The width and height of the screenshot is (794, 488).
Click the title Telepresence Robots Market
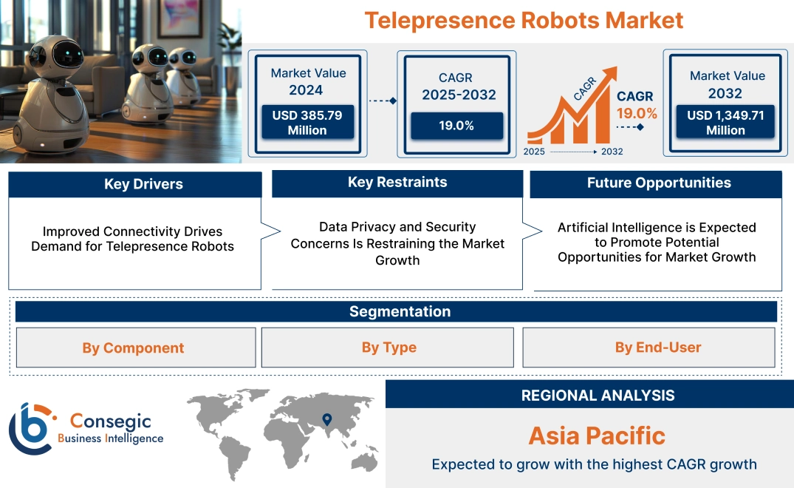coord(524,20)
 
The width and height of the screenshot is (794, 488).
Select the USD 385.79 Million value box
coord(307,123)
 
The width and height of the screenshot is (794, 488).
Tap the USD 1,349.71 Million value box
coord(725,123)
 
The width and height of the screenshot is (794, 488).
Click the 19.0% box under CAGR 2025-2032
coord(456,126)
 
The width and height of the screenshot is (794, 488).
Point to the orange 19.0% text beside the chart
coord(637,113)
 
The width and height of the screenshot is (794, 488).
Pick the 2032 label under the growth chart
coord(612,152)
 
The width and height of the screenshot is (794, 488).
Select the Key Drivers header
coord(134,184)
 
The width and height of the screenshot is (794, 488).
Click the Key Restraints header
coord(397,183)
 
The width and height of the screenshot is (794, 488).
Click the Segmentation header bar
coord(399,311)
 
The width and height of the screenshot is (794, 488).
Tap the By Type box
coord(389,348)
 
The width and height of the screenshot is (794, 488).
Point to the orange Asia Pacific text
coord(597,436)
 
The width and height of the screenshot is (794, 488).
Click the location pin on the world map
coord(326,420)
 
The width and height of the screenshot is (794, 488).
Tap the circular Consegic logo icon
coord(32,428)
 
